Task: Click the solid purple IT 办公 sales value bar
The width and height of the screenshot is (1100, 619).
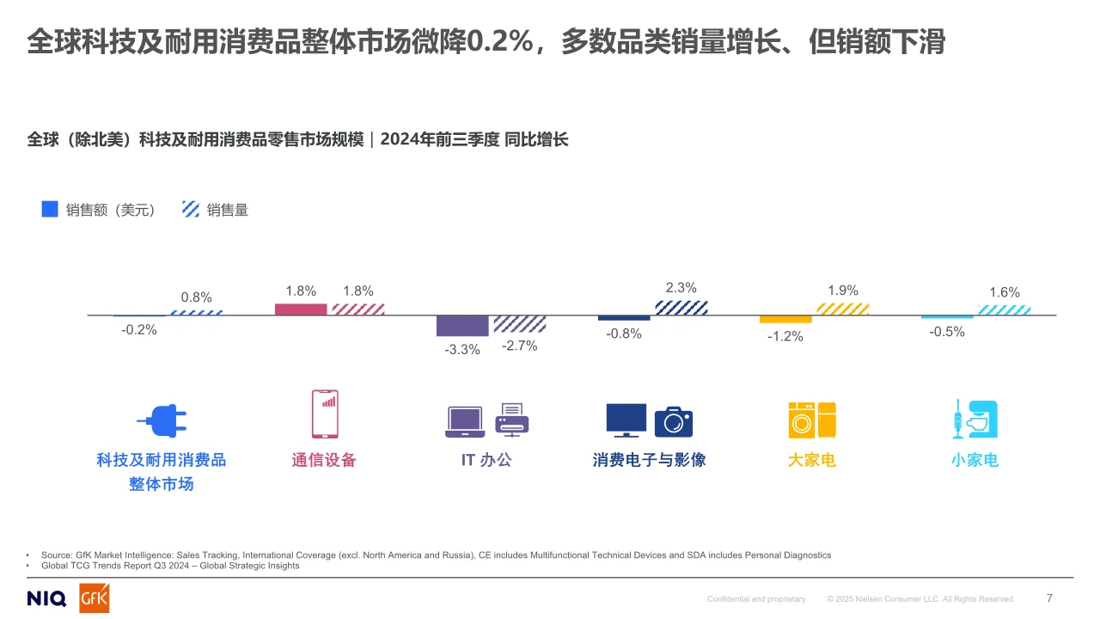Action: point(462,326)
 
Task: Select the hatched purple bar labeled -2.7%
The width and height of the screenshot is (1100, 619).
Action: point(519,324)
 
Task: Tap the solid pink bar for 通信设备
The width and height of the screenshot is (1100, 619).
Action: point(301,309)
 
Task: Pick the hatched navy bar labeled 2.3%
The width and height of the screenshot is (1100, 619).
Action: point(681,308)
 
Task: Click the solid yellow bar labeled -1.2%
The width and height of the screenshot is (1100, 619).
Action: point(785,319)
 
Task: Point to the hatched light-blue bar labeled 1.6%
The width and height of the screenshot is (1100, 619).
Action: point(1004,310)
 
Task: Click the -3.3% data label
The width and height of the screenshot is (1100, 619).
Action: point(461,350)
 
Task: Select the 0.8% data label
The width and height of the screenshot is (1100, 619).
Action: point(196,297)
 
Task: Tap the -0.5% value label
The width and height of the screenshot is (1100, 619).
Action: point(947,332)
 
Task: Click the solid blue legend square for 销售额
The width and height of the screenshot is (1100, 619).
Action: point(50,209)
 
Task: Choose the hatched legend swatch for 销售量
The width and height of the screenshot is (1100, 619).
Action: point(191,209)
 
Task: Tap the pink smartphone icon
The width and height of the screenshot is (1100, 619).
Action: point(325,414)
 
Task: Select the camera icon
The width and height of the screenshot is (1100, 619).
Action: point(673,421)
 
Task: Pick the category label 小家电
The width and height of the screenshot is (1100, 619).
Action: point(975,460)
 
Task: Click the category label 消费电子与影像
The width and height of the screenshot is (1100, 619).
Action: point(649,460)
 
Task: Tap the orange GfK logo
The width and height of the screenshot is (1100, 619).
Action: point(95,599)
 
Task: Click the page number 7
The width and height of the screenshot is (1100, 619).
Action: point(1049,598)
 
